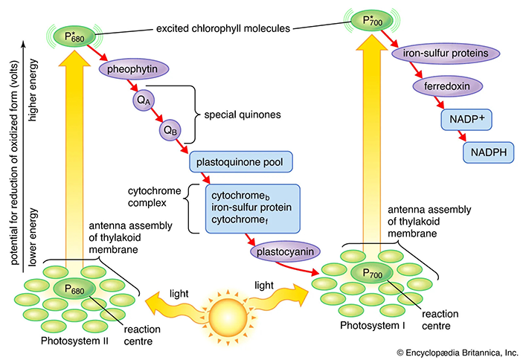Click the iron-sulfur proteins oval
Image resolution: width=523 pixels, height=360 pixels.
(x=434, y=54)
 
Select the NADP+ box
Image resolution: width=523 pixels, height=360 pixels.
(x=467, y=119)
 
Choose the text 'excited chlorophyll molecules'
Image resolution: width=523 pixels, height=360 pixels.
(x=224, y=28)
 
